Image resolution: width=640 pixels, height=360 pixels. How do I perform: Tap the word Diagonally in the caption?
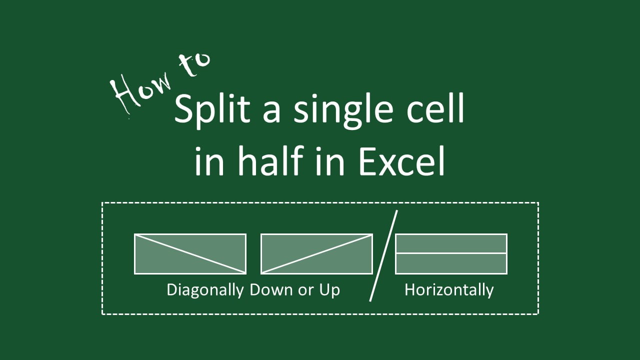pyautogui.click(x=205, y=290)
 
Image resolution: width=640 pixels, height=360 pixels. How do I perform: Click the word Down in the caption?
pyautogui.click(x=271, y=289)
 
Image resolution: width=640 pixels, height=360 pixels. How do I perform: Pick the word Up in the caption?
pyautogui.click(x=329, y=290)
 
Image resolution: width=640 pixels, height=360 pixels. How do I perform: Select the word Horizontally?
pyautogui.click(x=448, y=290)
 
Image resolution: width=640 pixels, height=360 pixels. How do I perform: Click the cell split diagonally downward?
pyautogui.click(x=190, y=253)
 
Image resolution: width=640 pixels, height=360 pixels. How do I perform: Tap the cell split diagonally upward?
pyautogui.click(x=316, y=253)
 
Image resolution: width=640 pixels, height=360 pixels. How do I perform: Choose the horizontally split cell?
pyautogui.click(x=451, y=253)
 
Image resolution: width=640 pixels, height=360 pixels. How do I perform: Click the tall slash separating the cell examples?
pyautogui.click(x=383, y=255)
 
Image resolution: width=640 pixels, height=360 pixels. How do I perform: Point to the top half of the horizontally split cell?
pyautogui.click(x=451, y=243)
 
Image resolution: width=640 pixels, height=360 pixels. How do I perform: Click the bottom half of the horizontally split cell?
pyautogui.click(x=451, y=263)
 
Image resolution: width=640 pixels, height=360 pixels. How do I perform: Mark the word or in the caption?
pyautogui.click(x=305, y=290)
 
